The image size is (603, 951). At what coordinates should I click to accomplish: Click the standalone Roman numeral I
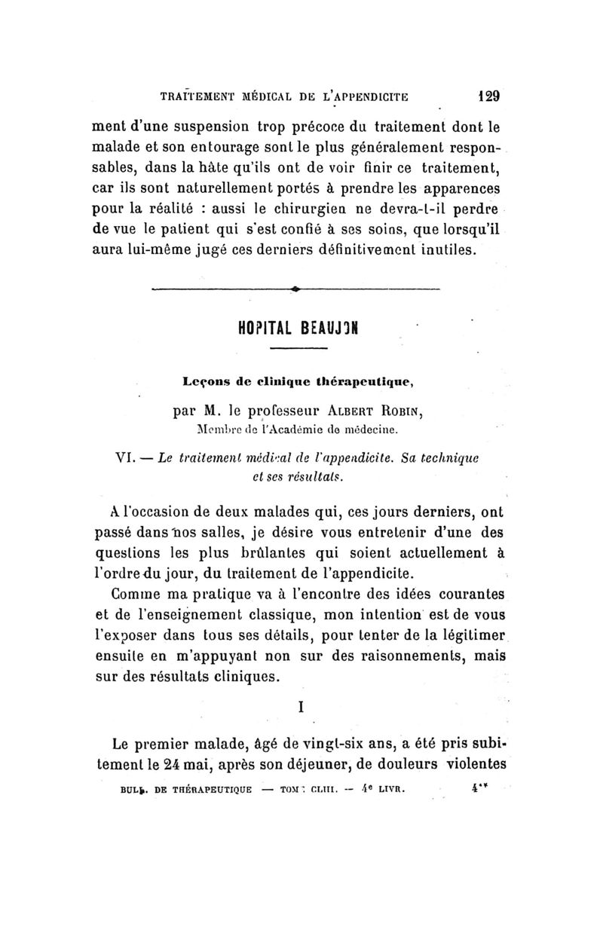[301, 708]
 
